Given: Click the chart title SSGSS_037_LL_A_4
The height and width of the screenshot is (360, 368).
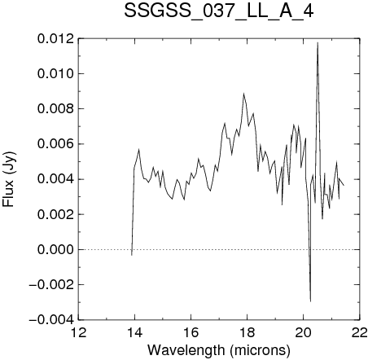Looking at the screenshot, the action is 219,11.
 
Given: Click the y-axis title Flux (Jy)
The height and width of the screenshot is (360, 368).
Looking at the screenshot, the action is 9,179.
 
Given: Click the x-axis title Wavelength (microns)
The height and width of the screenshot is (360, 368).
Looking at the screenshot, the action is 219,350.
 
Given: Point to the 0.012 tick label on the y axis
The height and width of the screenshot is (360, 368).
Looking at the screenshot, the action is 55,39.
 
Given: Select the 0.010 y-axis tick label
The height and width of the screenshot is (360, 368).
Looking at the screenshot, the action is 55,74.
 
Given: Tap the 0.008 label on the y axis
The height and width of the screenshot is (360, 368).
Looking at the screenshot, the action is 55,109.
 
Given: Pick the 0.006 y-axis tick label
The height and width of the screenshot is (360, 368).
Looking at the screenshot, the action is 55,144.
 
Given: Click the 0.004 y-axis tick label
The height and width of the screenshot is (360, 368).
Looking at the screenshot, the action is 55,179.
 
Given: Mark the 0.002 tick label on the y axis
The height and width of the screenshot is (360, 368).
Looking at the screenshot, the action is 55,214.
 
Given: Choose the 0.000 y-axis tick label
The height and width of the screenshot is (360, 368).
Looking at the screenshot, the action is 55,249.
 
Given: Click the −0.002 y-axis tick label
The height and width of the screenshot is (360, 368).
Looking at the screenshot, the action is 51,285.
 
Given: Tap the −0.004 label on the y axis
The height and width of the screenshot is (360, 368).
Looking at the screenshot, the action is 51,320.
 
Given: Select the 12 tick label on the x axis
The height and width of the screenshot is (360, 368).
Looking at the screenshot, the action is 79,332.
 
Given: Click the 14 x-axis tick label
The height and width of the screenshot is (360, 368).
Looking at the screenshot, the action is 134,332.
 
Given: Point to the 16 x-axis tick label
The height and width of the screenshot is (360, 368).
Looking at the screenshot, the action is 191,332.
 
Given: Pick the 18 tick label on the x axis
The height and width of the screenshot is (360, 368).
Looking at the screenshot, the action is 247,332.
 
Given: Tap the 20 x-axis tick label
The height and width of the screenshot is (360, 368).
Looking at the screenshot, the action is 303,332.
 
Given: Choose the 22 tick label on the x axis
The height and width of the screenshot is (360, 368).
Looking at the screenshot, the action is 359,332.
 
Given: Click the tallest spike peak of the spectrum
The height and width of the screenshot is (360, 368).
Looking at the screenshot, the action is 318,42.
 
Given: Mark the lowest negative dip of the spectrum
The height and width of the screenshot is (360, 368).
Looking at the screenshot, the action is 310,301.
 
